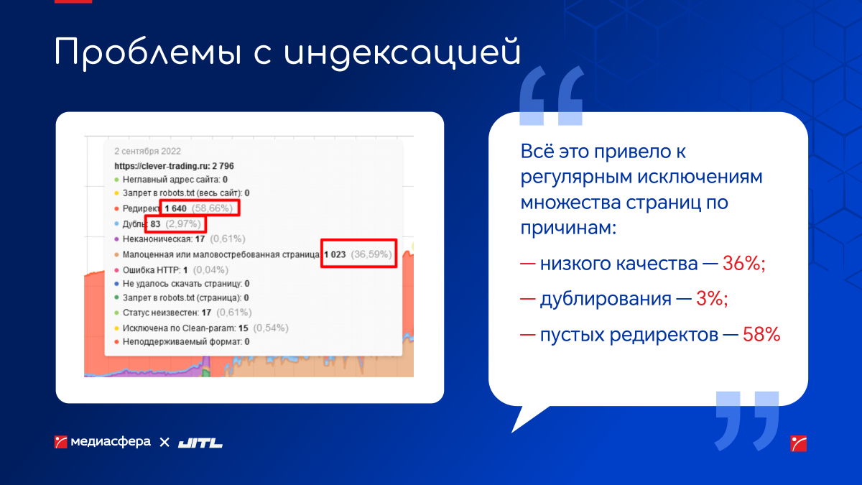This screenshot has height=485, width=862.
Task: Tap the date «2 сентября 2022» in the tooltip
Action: point(147,152)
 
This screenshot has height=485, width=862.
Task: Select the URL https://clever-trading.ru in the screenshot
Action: point(162,166)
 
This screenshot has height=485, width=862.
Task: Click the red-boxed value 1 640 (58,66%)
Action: point(200,208)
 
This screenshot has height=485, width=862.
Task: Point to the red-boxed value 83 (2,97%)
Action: point(175,224)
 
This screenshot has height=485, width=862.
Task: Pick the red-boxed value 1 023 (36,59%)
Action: point(358,254)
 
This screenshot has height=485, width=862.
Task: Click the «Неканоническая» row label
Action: point(157,239)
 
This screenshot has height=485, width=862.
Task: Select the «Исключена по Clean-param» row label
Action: point(179,328)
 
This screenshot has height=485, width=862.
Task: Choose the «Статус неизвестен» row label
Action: point(160,313)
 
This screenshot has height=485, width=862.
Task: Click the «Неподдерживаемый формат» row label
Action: point(182,342)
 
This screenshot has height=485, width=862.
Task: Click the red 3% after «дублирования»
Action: point(712,299)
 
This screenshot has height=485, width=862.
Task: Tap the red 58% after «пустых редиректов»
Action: point(761,335)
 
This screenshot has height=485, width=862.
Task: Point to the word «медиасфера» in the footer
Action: point(111,442)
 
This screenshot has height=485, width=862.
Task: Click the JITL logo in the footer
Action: point(200,443)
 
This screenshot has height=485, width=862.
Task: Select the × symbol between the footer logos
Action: point(164,443)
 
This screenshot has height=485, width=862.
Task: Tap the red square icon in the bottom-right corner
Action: point(799,443)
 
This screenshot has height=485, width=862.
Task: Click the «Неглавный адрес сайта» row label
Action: point(171,180)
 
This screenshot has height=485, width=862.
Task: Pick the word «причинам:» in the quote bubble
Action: point(568,228)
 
